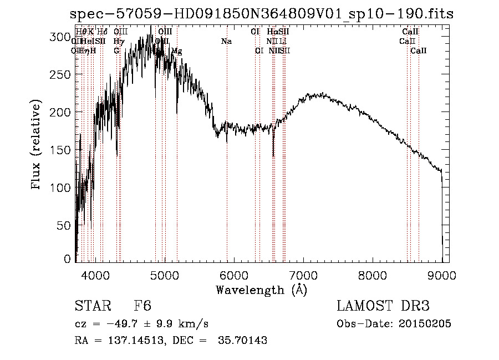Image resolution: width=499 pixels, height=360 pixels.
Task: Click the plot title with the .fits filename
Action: (262, 14)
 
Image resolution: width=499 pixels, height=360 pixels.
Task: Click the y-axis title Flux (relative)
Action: (37, 146)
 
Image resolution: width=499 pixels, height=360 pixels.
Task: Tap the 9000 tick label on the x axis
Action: (441, 274)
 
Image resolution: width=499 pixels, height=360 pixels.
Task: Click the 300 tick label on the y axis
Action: (63, 37)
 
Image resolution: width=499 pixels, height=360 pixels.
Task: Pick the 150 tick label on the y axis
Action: (63, 150)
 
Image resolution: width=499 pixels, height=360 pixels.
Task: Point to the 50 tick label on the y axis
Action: (65, 225)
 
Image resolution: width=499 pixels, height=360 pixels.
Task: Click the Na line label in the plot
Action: (226, 42)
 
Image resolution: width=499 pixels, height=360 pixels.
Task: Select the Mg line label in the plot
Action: (176, 51)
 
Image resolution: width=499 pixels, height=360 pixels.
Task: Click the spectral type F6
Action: (142, 306)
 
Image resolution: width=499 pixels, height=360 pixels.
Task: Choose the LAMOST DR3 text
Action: (383, 306)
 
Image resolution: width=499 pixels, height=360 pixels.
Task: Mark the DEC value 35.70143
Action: (243, 341)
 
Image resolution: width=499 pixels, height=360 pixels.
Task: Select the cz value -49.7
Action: (126, 323)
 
